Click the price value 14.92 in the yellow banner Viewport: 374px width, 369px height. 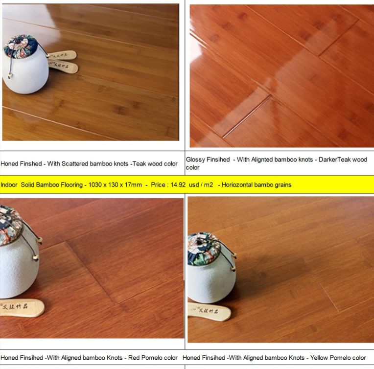click(x=178, y=185)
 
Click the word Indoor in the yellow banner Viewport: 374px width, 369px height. click(x=9, y=185)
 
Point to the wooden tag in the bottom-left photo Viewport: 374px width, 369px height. click(x=22, y=308)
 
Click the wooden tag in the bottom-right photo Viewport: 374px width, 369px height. click(x=209, y=311)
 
